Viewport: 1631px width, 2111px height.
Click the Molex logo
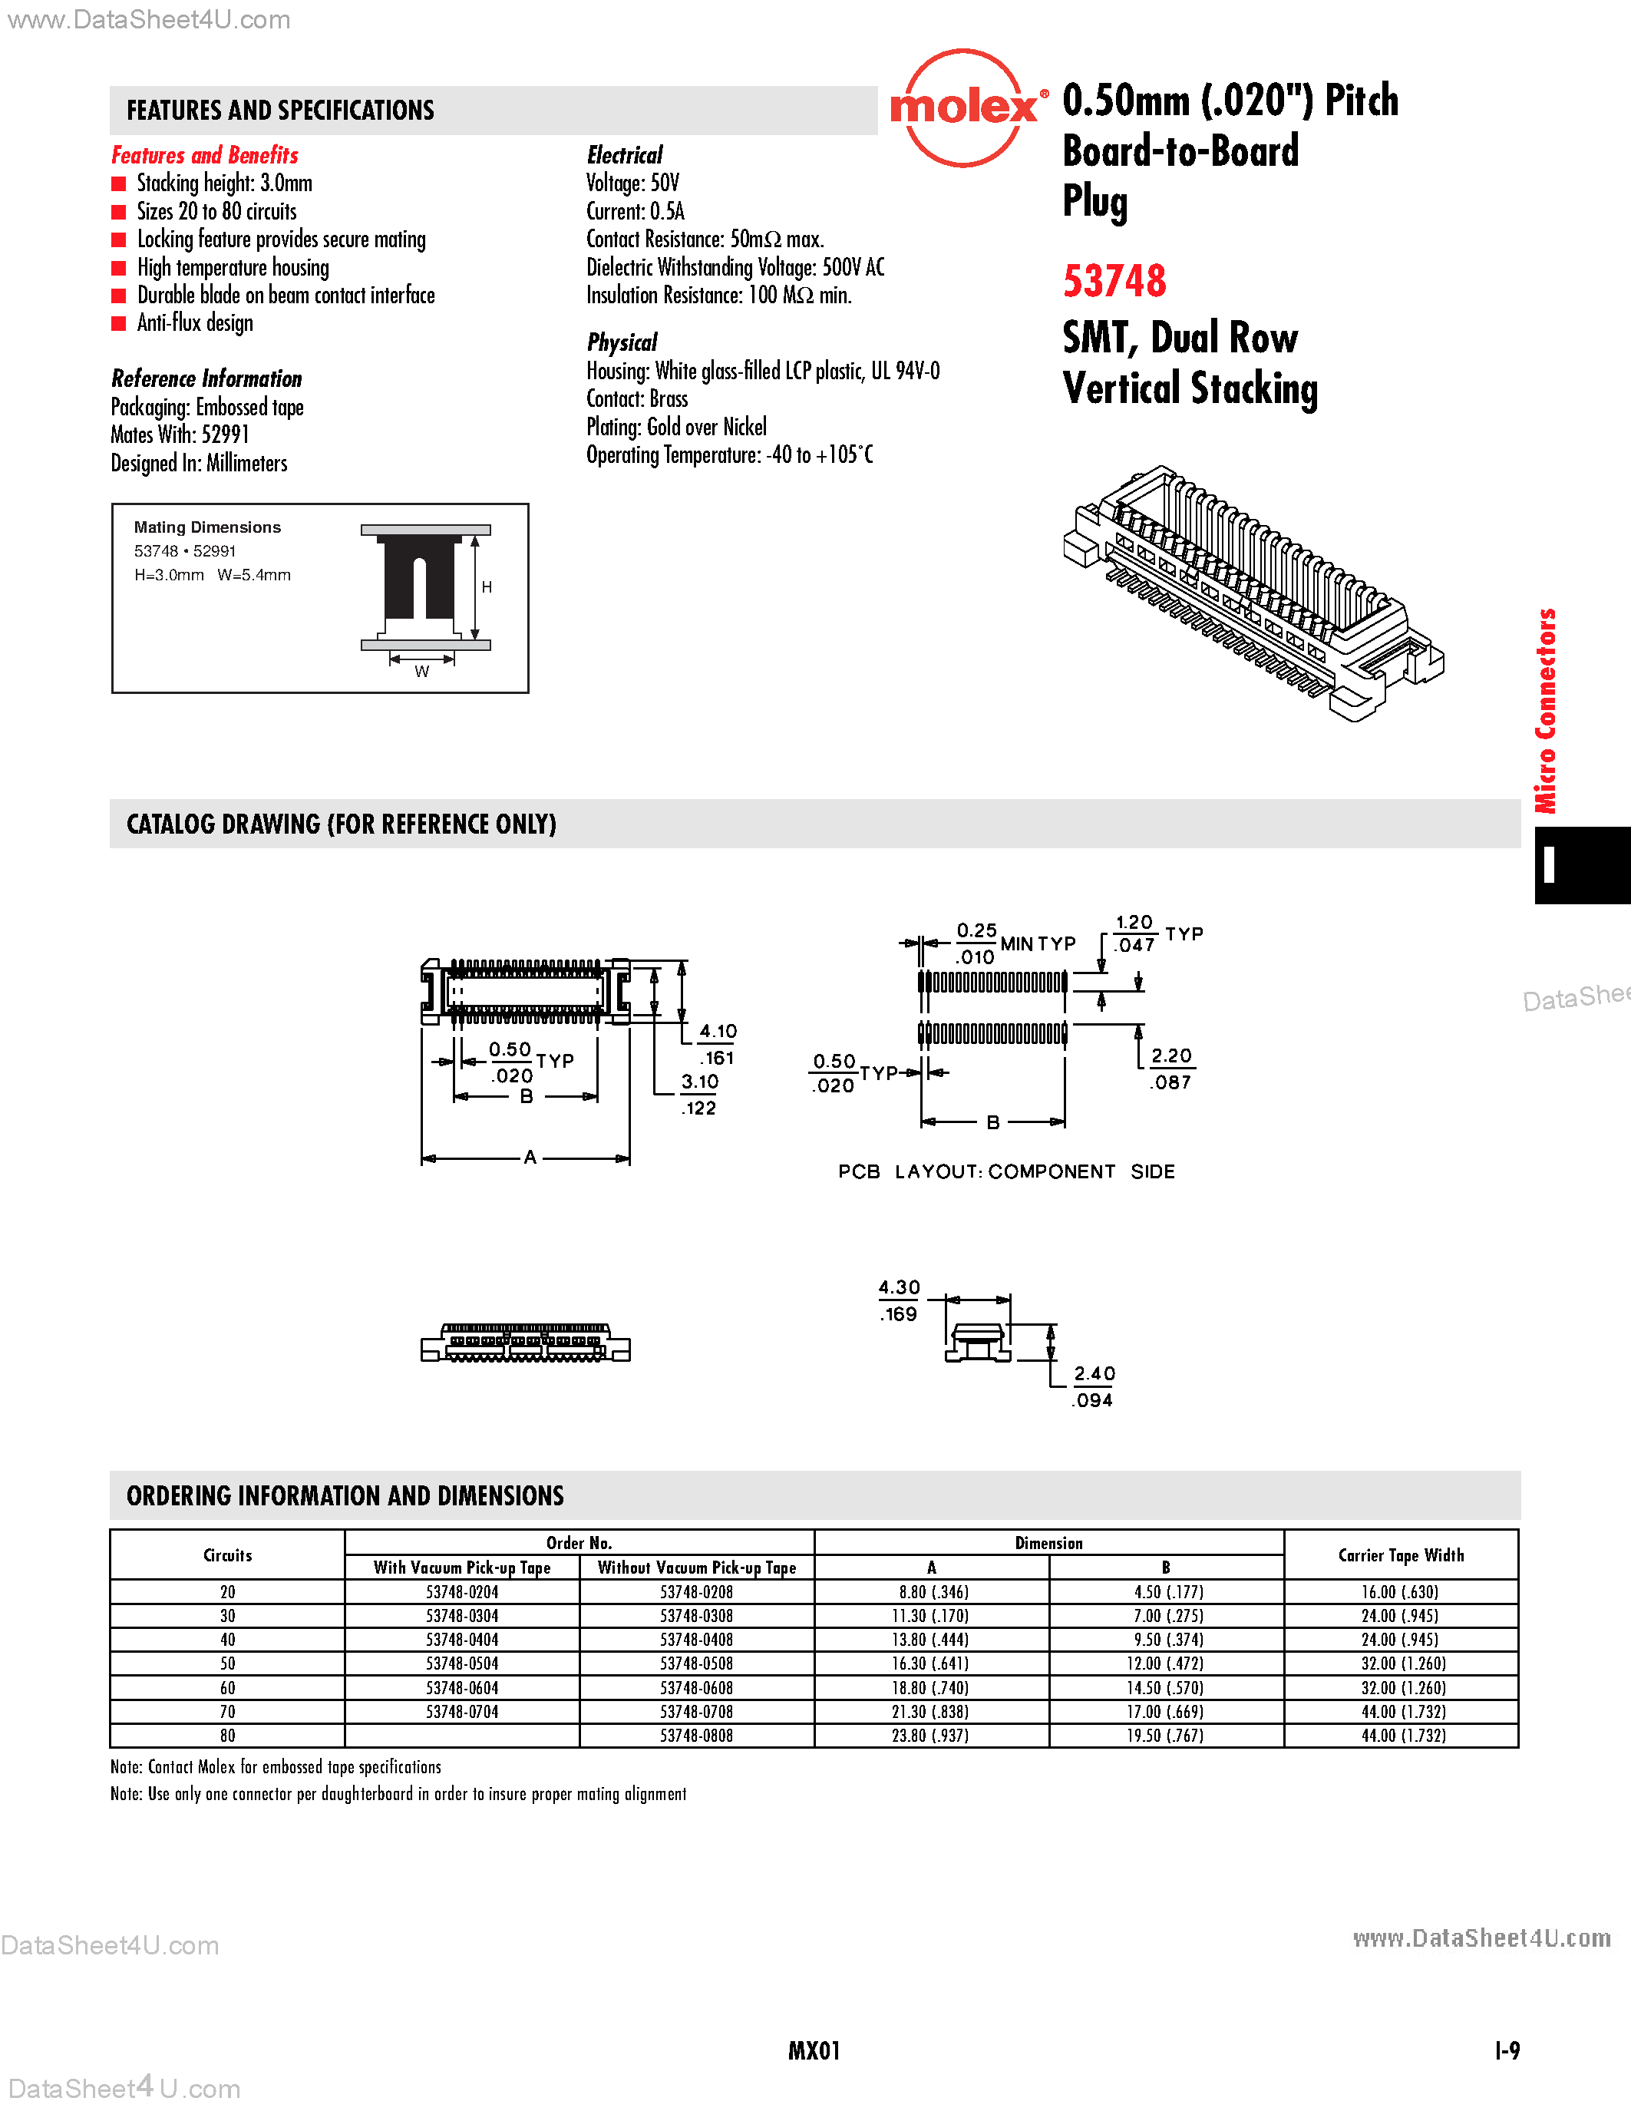click(x=964, y=108)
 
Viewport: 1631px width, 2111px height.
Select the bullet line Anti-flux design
click(x=194, y=323)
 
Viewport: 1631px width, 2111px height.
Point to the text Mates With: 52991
click(x=180, y=435)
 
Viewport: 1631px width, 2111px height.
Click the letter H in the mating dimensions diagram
click(x=487, y=586)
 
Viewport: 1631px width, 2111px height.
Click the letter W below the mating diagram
click(x=421, y=672)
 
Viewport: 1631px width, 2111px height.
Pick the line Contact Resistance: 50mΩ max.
click(x=705, y=240)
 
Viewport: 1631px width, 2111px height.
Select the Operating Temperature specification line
click(x=729, y=455)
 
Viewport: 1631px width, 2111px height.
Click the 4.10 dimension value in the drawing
click(x=718, y=1032)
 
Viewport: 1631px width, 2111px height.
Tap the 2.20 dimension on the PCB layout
click(x=1171, y=1055)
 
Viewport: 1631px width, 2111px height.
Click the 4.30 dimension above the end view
click(x=899, y=1287)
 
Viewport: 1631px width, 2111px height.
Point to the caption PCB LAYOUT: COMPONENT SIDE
click(x=1006, y=1171)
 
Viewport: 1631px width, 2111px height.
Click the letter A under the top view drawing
click(x=530, y=1157)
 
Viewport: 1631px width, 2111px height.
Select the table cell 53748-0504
click(x=462, y=1663)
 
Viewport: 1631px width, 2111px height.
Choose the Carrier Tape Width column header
click(x=1400, y=1555)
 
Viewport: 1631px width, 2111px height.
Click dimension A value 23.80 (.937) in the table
click(x=930, y=1736)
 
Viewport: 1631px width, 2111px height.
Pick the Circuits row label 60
click(x=227, y=1687)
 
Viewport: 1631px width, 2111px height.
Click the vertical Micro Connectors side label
click(x=1546, y=710)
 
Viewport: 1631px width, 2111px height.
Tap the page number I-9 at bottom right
click(x=1507, y=2050)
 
